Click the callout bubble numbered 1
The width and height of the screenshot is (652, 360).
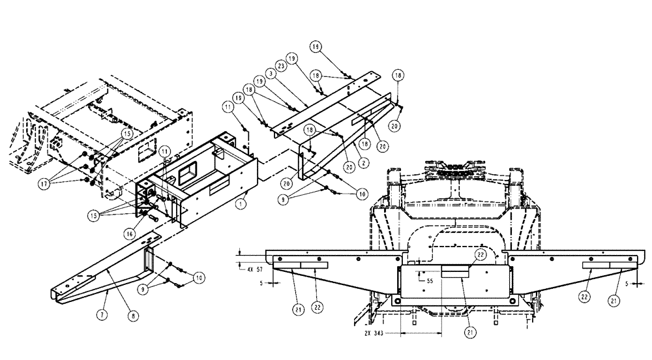click(x=242, y=203)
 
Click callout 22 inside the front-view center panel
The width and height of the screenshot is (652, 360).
click(x=479, y=254)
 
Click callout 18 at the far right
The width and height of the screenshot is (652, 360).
click(x=398, y=75)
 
